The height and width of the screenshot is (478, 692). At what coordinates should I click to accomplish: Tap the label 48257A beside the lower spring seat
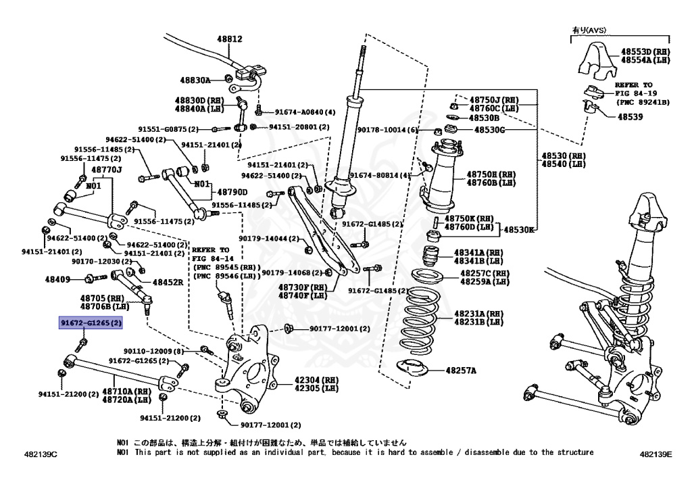pyautogui.click(x=460, y=371)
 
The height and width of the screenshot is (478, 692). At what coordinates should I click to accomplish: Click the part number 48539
pyautogui.click(x=629, y=116)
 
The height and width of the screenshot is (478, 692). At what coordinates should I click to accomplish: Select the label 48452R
pyautogui.click(x=168, y=282)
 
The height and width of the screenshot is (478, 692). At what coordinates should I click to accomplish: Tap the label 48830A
pyautogui.click(x=195, y=80)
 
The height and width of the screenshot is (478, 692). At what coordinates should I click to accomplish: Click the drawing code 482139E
pyautogui.click(x=656, y=454)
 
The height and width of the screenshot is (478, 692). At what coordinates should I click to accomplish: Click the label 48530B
pyautogui.click(x=485, y=118)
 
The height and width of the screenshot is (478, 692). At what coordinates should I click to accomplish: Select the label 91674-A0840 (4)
pyautogui.click(x=305, y=112)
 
